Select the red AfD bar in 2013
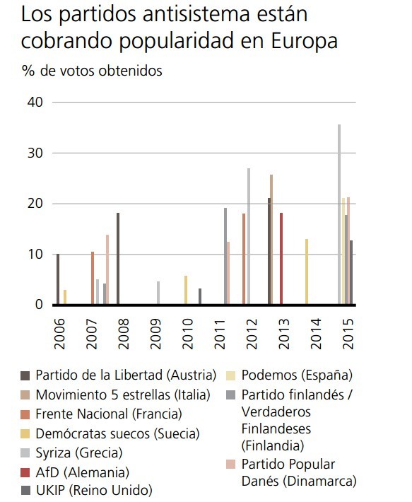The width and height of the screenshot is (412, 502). (281, 259)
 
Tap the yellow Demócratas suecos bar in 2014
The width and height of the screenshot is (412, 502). (306, 272)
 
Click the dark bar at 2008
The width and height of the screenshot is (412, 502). (118, 259)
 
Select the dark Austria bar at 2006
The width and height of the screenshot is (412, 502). (58, 279)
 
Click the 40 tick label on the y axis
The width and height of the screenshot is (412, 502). (36, 102)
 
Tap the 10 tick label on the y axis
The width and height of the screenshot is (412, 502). (36, 255)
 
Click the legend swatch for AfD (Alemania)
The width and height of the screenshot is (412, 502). (25, 472)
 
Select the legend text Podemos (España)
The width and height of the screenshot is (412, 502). (297, 375)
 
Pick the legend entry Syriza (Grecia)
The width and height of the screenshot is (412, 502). (78, 453)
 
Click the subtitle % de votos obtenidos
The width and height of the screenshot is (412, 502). (92, 71)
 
